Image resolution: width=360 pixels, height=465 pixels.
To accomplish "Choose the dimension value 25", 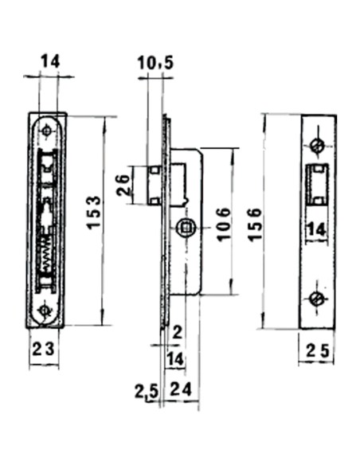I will point(317,349).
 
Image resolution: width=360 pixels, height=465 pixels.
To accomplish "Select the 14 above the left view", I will point(49,61).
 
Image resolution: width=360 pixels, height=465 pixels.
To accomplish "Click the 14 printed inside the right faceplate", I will point(316,229).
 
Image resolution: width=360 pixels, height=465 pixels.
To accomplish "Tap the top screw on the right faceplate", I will point(317,146).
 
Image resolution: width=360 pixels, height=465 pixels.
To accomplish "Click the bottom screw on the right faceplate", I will point(317,298).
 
